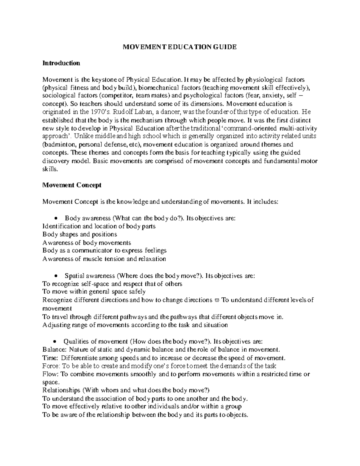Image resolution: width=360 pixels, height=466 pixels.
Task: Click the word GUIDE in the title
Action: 225,47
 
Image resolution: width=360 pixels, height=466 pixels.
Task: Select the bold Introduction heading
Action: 61,63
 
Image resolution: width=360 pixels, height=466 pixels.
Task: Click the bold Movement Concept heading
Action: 72,185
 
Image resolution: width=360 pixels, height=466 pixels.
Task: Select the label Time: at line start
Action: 51,358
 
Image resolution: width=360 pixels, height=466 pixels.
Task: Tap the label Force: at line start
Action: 52,366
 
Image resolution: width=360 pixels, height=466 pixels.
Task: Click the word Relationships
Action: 61,390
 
